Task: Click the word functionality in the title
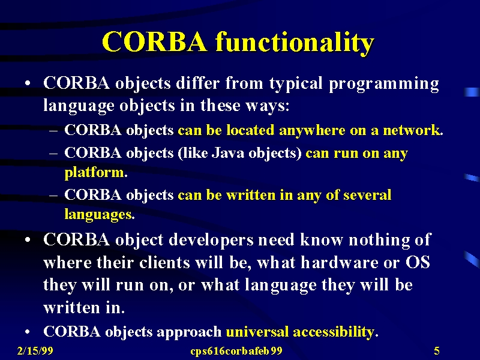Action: (x=295, y=43)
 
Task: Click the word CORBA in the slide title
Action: (x=155, y=41)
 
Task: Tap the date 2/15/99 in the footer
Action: (x=35, y=350)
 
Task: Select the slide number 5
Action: (x=437, y=350)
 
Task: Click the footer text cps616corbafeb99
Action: (x=236, y=351)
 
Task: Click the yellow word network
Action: (x=412, y=130)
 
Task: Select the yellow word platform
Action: (x=94, y=172)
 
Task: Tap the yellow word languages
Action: (x=98, y=215)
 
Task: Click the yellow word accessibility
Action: (x=334, y=332)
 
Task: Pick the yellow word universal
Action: (x=257, y=332)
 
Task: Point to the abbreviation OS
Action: (x=418, y=263)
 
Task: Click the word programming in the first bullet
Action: (x=384, y=84)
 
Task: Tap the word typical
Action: (x=296, y=84)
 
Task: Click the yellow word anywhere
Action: (x=312, y=131)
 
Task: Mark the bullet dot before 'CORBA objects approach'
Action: (x=28, y=332)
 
